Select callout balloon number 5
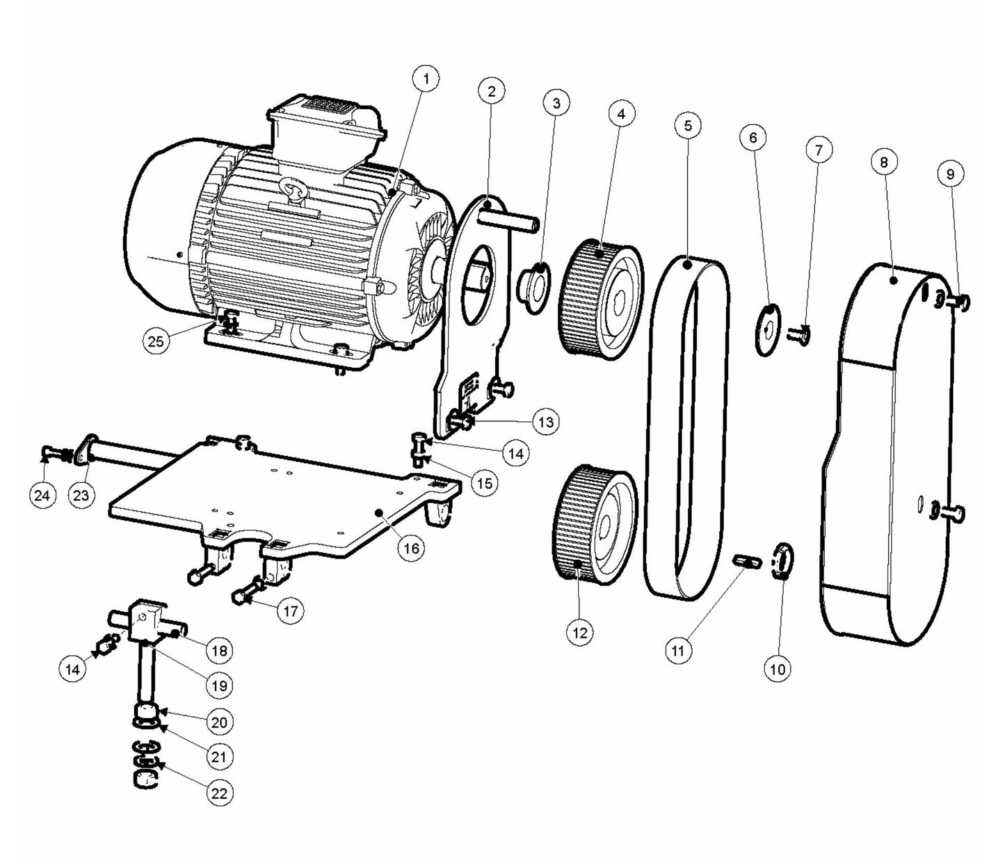[x=688, y=126]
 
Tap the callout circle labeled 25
[x=156, y=341]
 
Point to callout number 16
[x=411, y=548]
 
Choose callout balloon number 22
[x=219, y=793]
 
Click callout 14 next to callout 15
[x=515, y=453]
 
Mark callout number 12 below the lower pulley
[x=580, y=632]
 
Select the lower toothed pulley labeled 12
[x=595, y=520]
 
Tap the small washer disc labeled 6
[x=767, y=330]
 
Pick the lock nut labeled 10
[x=784, y=562]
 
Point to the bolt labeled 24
[x=50, y=455]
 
